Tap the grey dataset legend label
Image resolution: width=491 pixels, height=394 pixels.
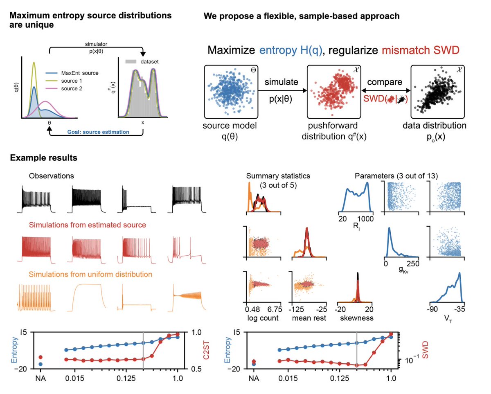tap(149, 62)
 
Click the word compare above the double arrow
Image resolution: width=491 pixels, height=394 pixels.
tap(385, 82)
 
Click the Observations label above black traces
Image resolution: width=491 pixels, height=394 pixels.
tap(52, 176)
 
